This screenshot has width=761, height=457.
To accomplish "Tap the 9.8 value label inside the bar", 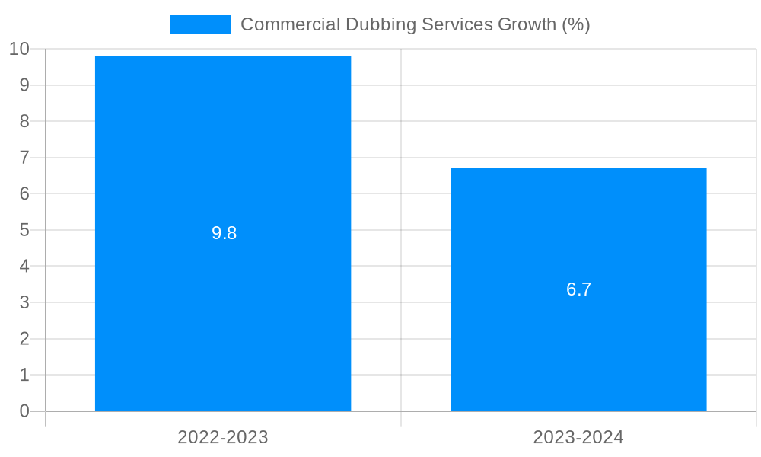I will [224, 234].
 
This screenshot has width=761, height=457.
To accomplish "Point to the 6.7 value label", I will [578, 289].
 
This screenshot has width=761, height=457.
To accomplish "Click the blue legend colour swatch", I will [200, 24].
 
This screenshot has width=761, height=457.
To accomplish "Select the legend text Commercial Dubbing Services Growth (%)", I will [415, 24].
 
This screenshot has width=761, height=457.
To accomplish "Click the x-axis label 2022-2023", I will [223, 437].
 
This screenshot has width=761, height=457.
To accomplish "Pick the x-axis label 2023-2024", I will [578, 437].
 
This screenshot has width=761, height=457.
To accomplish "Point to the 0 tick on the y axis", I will [24, 411].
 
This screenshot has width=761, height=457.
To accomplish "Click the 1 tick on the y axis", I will [24, 375].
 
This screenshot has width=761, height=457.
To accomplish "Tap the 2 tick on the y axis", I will [24, 339].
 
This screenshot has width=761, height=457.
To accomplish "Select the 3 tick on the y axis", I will [24, 302].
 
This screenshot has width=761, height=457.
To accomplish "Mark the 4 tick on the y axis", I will [24, 267].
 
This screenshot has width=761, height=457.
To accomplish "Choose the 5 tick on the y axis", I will [24, 230].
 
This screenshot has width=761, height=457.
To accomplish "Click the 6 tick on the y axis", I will [24, 193].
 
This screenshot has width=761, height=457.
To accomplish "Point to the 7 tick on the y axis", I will [24, 158].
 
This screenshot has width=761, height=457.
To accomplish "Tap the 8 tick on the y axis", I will [24, 121].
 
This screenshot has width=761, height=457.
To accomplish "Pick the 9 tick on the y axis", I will [24, 85].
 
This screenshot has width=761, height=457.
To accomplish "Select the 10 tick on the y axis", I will [20, 49].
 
